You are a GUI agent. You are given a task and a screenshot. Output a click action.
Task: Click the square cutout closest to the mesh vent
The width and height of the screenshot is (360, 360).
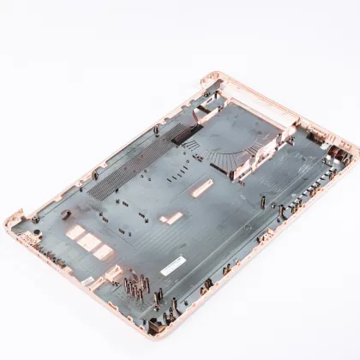pyautogui.click(x=75, y=232)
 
